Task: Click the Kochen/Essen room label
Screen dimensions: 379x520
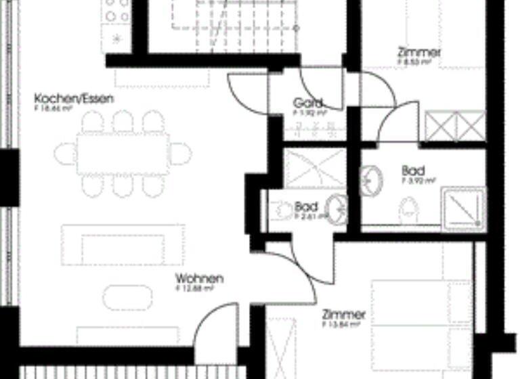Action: [74, 99]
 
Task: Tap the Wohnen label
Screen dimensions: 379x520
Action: [199, 279]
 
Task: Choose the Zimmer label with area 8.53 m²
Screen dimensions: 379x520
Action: [420, 51]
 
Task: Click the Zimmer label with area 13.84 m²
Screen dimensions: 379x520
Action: [344, 315]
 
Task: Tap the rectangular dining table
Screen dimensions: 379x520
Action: [123, 154]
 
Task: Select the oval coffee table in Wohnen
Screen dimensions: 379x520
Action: [128, 296]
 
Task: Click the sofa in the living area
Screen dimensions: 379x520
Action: [123, 245]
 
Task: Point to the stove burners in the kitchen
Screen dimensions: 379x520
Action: [116, 11]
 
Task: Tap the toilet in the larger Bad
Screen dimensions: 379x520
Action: [409, 210]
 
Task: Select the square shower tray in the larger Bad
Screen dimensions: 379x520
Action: [463, 207]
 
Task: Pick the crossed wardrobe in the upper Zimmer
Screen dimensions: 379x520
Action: [455, 127]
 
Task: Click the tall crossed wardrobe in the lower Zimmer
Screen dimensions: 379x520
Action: [280, 349]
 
